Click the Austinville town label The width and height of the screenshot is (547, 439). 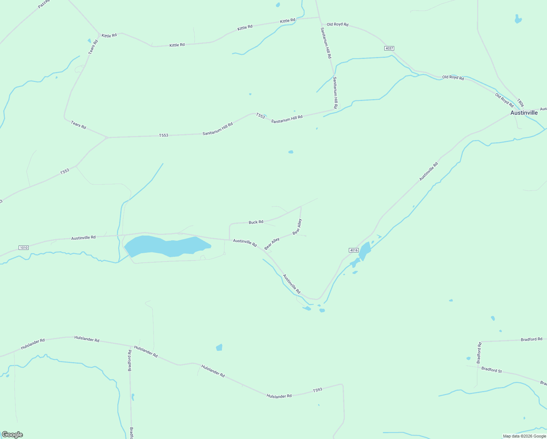click(524, 113)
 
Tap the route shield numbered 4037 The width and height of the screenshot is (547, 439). click(389, 48)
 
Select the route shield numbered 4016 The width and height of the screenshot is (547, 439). click(353, 250)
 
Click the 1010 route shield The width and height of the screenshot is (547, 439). click(23, 248)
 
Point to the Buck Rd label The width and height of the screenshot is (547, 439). click(256, 222)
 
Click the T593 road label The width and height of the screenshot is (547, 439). click(317, 390)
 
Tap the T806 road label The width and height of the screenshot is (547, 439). click(520, 102)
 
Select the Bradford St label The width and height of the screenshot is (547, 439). click(491, 370)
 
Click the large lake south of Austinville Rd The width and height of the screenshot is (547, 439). click(165, 246)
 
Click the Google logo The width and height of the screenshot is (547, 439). click(12, 435)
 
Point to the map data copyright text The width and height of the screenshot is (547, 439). click(524, 436)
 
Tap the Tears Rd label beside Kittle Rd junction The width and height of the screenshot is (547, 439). click(93, 47)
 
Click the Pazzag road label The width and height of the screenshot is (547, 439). click(43, 4)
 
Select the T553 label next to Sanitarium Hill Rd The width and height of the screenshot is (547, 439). click(260, 116)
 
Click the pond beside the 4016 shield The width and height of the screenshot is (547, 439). click(365, 251)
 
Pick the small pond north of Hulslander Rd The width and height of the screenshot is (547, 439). click(219, 347)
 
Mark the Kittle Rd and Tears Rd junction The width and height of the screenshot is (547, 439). click(99, 35)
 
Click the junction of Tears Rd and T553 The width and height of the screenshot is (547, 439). click(106, 138)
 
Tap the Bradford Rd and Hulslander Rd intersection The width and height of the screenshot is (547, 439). click(130, 346)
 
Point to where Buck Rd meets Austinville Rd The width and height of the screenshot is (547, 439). click(230, 239)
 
